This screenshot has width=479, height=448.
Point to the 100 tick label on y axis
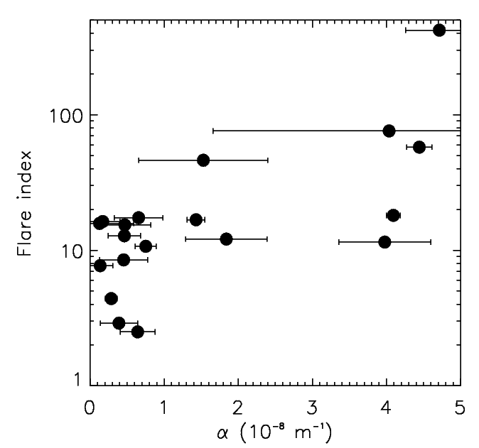[65, 115]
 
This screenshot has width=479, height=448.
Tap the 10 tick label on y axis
[70, 251]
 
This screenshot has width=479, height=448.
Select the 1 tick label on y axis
[76, 382]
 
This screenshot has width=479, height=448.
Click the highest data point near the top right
[439, 30]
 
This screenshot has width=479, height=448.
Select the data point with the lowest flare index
[138, 332]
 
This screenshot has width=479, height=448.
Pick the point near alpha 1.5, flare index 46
[203, 160]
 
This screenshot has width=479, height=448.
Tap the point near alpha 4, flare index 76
[389, 131]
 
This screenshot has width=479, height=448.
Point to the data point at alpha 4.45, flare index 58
[419, 147]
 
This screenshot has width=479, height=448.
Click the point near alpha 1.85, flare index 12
[226, 239]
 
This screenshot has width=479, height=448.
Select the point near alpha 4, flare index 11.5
[384, 242]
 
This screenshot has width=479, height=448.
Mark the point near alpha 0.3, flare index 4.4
[111, 298]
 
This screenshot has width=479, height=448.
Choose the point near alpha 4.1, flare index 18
[393, 215]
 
